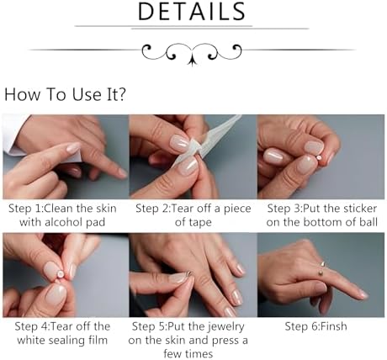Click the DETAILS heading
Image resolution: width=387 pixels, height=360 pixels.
192,12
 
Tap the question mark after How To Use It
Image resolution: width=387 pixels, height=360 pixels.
121,94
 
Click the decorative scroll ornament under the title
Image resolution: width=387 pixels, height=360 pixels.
192,53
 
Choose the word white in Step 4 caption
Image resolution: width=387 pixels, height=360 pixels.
31,340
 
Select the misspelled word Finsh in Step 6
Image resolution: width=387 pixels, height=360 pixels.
333,326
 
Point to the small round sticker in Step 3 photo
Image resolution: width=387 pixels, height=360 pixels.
319,158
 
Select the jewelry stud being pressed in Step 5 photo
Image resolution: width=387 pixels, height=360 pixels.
189,273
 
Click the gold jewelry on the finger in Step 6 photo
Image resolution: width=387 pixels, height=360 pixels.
321,268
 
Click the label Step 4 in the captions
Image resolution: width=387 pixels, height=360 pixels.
32,326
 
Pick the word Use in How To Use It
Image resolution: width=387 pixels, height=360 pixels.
87,94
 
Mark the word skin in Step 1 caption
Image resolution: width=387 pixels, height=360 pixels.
106,209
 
